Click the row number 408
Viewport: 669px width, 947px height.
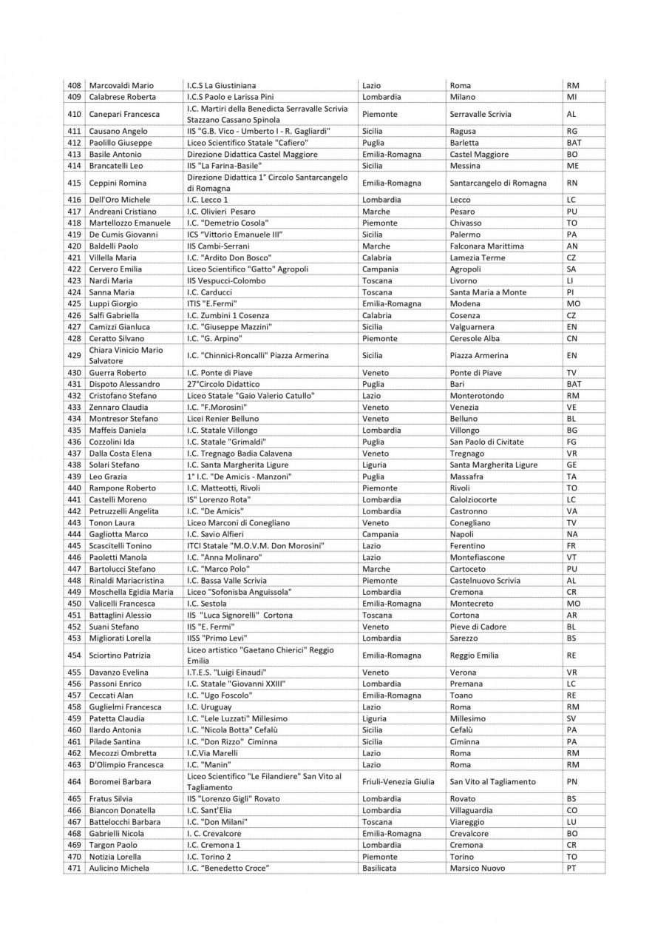click(x=74, y=85)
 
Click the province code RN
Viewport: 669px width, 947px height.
click(x=572, y=183)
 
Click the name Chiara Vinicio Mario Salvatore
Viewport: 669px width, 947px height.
click(x=126, y=355)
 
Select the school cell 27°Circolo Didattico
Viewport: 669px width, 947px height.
click(x=223, y=384)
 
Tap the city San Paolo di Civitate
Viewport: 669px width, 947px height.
click(x=487, y=442)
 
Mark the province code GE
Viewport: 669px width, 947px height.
click(x=571, y=465)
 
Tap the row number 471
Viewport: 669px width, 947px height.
click(x=74, y=868)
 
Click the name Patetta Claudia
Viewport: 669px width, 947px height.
click(x=117, y=718)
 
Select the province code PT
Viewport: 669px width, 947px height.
click(x=571, y=868)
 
